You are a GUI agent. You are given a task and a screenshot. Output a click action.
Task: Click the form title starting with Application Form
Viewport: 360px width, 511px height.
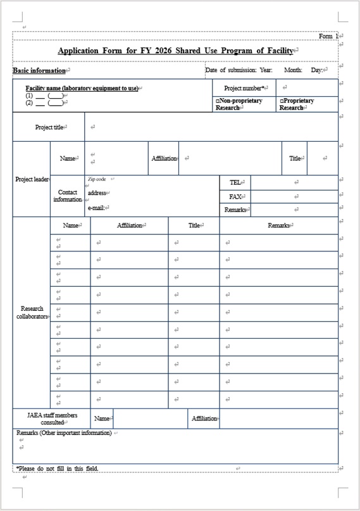(x=175, y=51)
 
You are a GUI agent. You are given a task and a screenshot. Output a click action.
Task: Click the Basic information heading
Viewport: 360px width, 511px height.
(x=39, y=70)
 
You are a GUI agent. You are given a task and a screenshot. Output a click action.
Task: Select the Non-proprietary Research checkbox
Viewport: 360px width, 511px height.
(x=218, y=101)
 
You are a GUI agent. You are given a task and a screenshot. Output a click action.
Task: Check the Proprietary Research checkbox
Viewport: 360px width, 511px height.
(x=282, y=101)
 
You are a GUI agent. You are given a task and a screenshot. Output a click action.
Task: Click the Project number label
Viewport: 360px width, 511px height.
(x=244, y=88)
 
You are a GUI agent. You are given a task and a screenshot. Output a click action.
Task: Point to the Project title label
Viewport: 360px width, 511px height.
(x=49, y=127)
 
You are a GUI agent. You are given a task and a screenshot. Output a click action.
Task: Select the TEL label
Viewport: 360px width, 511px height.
(x=235, y=182)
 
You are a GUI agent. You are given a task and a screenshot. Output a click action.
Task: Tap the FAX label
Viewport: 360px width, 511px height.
(x=235, y=196)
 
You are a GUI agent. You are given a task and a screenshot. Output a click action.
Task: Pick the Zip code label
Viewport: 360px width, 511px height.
(x=97, y=179)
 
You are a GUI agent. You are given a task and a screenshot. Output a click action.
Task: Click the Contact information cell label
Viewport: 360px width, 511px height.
(x=67, y=196)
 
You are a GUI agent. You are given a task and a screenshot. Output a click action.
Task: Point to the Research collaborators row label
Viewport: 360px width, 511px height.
(x=32, y=312)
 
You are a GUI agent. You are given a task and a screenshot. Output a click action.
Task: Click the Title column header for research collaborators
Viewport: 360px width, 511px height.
(x=194, y=225)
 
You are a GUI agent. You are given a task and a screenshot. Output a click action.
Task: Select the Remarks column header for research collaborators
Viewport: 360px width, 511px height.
(x=278, y=225)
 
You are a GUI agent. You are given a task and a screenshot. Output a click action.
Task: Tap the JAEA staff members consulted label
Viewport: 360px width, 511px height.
(x=53, y=419)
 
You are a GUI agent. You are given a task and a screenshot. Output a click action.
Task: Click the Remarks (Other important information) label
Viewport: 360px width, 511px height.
(x=64, y=433)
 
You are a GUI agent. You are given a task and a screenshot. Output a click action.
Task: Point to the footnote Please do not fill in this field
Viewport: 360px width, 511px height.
(x=58, y=469)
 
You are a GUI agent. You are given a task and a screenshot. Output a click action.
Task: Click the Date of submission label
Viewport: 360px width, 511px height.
(x=230, y=70)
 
